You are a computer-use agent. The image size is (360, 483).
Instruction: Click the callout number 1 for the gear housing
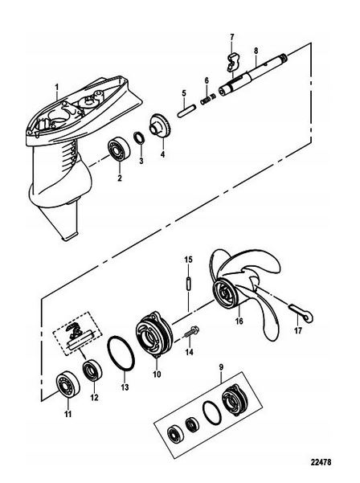57,88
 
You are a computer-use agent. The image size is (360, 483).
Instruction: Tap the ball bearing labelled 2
119,150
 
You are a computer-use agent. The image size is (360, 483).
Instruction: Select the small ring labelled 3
139,138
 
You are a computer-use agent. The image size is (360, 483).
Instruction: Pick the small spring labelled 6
208,99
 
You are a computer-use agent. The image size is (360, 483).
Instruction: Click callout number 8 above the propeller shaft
256,51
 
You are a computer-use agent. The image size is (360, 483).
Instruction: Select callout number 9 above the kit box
222,367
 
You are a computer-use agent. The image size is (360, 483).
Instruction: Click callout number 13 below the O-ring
125,387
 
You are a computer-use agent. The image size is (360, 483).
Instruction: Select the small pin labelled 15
188,283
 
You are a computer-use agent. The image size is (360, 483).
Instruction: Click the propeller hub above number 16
228,293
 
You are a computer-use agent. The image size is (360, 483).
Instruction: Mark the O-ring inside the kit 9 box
212,413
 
